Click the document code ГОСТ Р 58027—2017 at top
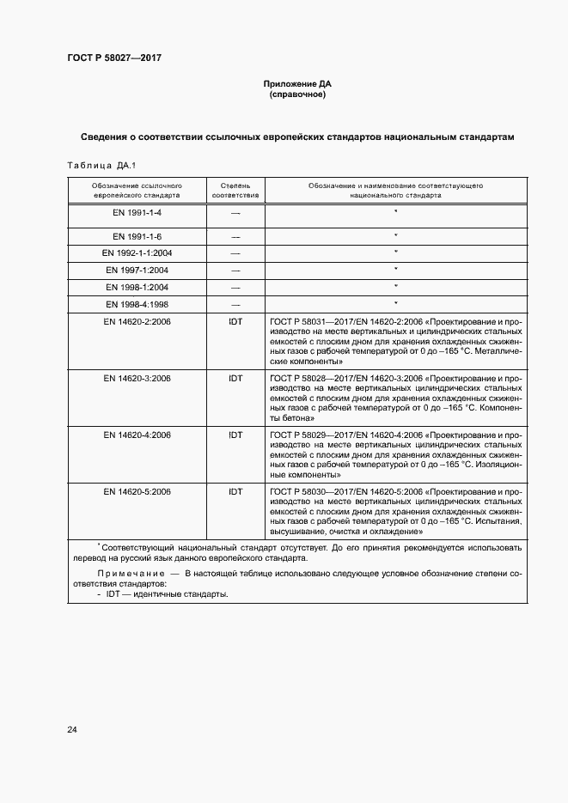coord(114,58)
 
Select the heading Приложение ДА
coord(296,84)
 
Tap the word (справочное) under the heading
coord(296,94)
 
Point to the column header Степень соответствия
coord(235,190)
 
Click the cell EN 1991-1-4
coord(137,212)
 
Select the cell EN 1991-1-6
coord(137,236)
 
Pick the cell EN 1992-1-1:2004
coord(137,252)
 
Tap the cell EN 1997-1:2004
coord(137,270)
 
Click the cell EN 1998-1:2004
coord(137,287)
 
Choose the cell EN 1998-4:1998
coord(137,304)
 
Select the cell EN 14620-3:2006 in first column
coord(137,378)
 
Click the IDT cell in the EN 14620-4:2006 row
coord(235,435)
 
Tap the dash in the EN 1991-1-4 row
coord(235,212)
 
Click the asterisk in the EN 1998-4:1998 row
coord(395,303)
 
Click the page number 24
coord(72,730)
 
